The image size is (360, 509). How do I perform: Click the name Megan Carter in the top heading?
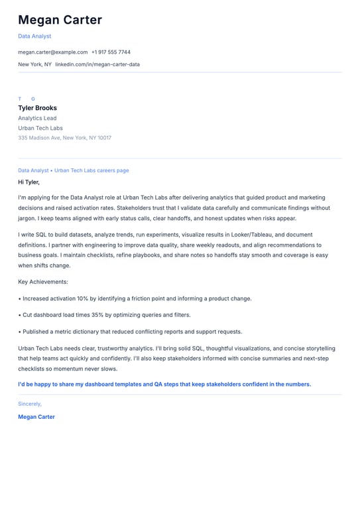[x=60, y=20]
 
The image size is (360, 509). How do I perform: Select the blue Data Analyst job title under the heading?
[x=34, y=36]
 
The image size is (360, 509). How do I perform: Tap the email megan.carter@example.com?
[x=53, y=52]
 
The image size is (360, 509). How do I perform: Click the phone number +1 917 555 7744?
[x=111, y=52]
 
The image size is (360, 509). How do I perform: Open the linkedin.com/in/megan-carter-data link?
[x=97, y=64]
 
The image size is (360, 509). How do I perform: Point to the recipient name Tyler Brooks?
[x=37, y=108]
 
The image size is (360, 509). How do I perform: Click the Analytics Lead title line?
[x=37, y=118]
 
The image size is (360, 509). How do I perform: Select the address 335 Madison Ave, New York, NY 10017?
[x=64, y=138]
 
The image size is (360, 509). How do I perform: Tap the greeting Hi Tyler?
[x=29, y=182]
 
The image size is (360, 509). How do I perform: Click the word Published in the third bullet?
[x=37, y=331]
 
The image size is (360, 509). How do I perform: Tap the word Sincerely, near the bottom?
[x=30, y=403]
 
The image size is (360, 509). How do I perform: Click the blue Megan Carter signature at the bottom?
[x=36, y=417]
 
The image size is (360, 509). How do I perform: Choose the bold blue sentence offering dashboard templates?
[x=164, y=384]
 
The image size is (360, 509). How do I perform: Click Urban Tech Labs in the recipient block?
[x=40, y=128]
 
